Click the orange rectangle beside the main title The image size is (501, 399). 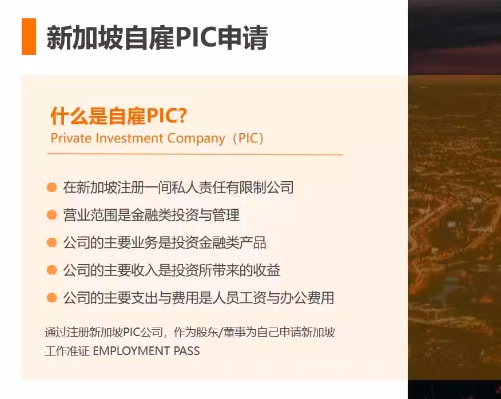click(29, 37)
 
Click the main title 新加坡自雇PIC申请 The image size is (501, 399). click(157, 38)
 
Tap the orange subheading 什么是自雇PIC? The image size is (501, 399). click(118, 115)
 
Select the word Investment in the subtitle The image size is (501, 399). click(129, 138)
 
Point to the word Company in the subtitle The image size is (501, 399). click(196, 139)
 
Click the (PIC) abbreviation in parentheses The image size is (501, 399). click(248, 139)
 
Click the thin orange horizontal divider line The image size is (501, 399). click(195, 154)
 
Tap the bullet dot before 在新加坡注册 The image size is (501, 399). click(52, 187)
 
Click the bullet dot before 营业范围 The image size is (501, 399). click(52, 215)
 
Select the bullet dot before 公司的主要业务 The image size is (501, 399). click(52, 242)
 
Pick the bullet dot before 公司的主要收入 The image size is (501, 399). click(52, 270)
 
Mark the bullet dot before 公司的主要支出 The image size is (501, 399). click(52, 298)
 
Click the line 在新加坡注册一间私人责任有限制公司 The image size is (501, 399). click(178, 187)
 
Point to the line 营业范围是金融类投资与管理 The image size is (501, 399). click(151, 215)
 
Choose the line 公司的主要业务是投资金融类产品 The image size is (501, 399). click(165, 242)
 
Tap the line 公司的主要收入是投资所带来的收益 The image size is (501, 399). click(172, 270)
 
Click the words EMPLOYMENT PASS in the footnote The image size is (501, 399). click(146, 351)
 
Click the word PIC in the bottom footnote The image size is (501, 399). click(132, 332)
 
